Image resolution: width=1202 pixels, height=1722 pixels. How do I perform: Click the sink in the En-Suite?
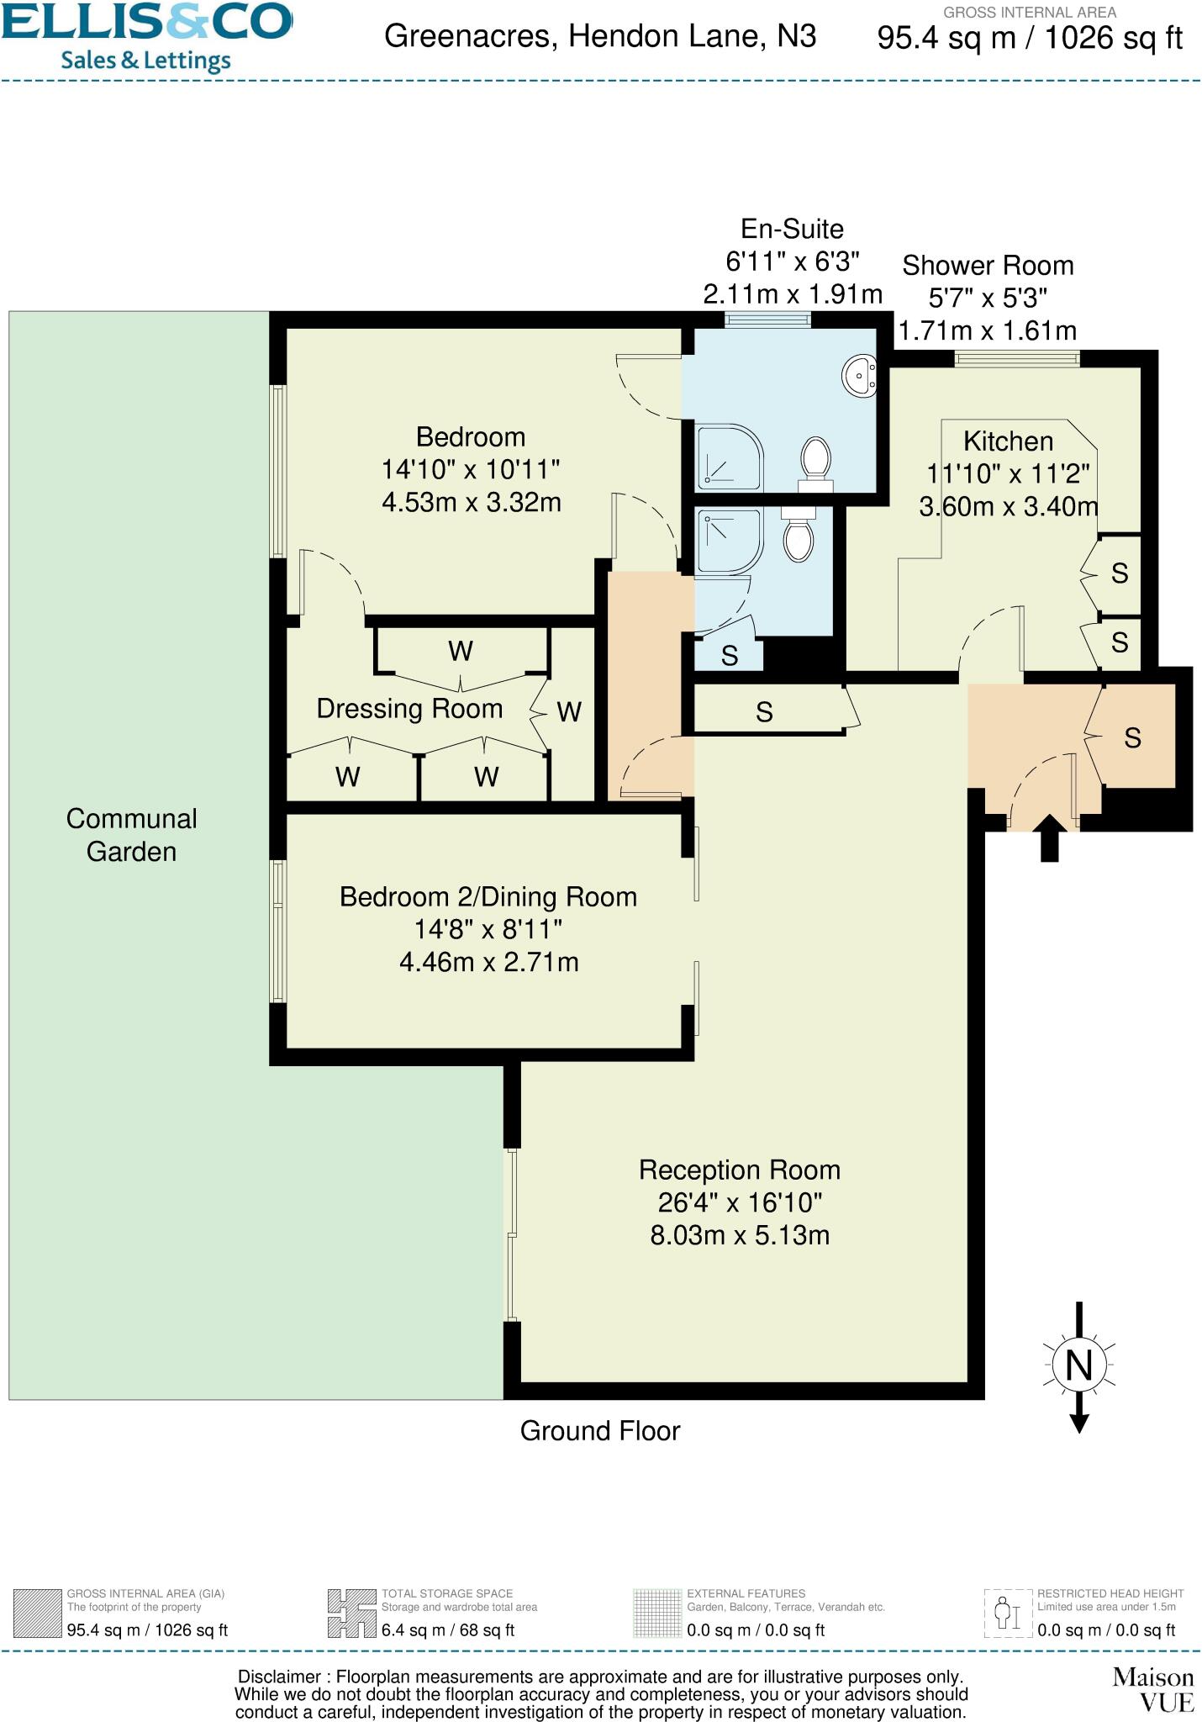point(860,375)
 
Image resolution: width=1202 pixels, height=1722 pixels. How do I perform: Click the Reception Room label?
point(739,1170)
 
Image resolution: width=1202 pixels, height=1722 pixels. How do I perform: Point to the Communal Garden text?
point(131,835)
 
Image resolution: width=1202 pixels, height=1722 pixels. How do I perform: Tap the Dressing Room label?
point(409,709)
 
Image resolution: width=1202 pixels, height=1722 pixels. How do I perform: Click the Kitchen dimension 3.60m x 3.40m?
point(1008,507)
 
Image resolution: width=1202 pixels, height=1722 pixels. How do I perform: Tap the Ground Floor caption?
point(599,1430)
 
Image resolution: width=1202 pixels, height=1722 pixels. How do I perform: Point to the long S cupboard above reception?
point(764,712)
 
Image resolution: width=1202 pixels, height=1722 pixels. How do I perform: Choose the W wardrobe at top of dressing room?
point(461,651)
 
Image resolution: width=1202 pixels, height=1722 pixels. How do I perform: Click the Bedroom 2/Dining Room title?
point(488,897)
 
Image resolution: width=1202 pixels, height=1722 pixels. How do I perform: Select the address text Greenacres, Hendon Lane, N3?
point(600,37)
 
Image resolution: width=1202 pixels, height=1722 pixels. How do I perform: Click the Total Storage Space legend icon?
point(351,1613)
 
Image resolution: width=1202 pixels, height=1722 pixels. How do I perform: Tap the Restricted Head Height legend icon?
point(1008,1613)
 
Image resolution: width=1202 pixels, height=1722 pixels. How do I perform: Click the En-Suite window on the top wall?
point(768,320)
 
